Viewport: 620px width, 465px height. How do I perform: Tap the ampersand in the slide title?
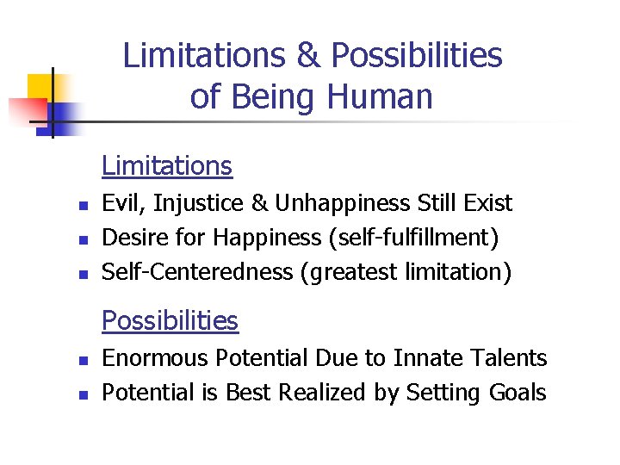click(307, 56)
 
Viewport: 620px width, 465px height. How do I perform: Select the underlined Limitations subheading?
click(167, 165)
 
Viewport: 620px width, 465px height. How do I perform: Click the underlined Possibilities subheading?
click(170, 320)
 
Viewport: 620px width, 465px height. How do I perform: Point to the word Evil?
click(121, 203)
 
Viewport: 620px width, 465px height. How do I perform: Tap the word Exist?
click(489, 203)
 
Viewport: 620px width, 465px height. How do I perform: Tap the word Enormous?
click(156, 357)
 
